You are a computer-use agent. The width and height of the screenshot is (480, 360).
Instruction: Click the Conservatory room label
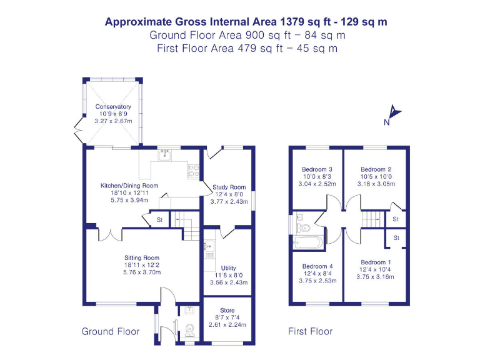113,107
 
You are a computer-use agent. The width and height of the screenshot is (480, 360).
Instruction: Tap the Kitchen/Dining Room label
129,186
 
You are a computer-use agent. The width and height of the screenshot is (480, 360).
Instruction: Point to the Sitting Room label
142,257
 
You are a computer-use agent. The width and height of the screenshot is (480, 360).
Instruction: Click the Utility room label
228,268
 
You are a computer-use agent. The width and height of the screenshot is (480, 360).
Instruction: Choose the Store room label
227,311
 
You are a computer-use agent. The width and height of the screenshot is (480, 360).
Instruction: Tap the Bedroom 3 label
317,169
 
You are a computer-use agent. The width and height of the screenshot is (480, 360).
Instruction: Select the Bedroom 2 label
376,169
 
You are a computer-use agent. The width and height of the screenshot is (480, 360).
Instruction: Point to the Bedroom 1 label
376,262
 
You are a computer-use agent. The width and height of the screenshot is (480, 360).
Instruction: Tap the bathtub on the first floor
308,242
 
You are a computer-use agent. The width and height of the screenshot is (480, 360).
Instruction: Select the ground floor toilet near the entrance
188,328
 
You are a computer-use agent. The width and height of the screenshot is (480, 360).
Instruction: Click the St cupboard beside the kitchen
159,219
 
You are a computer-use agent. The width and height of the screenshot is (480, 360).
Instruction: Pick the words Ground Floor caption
110,331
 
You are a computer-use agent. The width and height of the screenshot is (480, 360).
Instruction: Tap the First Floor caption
310,331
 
